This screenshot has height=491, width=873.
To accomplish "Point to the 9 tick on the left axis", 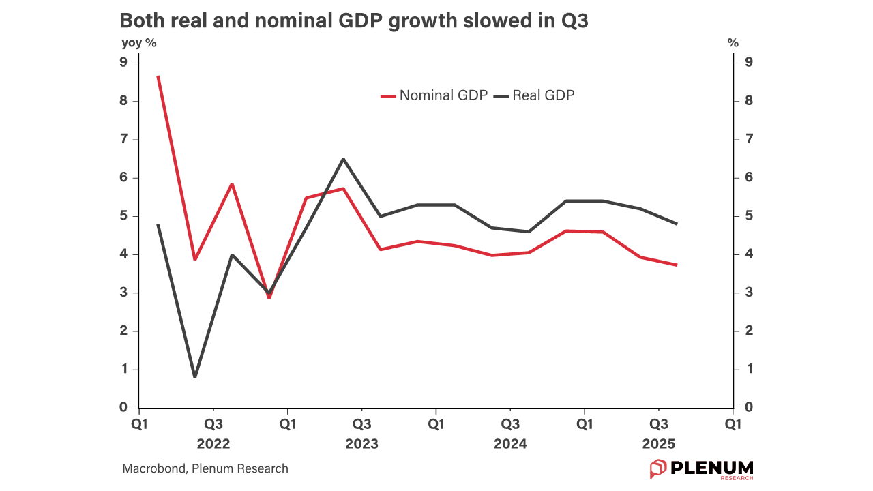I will pyautogui.click(x=123, y=63).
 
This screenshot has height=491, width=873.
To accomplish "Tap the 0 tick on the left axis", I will pyautogui.click(x=123, y=408).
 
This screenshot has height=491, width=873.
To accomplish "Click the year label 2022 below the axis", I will pyautogui.click(x=213, y=444).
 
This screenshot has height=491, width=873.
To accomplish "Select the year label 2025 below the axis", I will pyautogui.click(x=658, y=444).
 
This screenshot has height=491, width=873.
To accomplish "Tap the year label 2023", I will pyautogui.click(x=361, y=444).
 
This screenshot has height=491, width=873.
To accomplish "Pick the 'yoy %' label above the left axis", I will pyautogui.click(x=138, y=43).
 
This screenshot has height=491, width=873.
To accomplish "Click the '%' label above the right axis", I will pyautogui.click(x=733, y=43).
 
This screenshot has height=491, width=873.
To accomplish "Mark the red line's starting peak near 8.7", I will pyautogui.click(x=158, y=76).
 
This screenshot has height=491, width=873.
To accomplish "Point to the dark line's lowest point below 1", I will pyautogui.click(x=195, y=376).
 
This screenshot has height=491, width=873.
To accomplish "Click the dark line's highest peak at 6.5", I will pyautogui.click(x=343, y=159).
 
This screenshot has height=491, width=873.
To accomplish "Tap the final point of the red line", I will pyautogui.click(x=677, y=265).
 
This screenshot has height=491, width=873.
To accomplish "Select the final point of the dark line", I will pyautogui.click(x=677, y=224).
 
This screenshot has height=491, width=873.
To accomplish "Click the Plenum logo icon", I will pyautogui.click(x=657, y=469).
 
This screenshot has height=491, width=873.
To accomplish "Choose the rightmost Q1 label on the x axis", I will pyautogui.click(x=733, y=424).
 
